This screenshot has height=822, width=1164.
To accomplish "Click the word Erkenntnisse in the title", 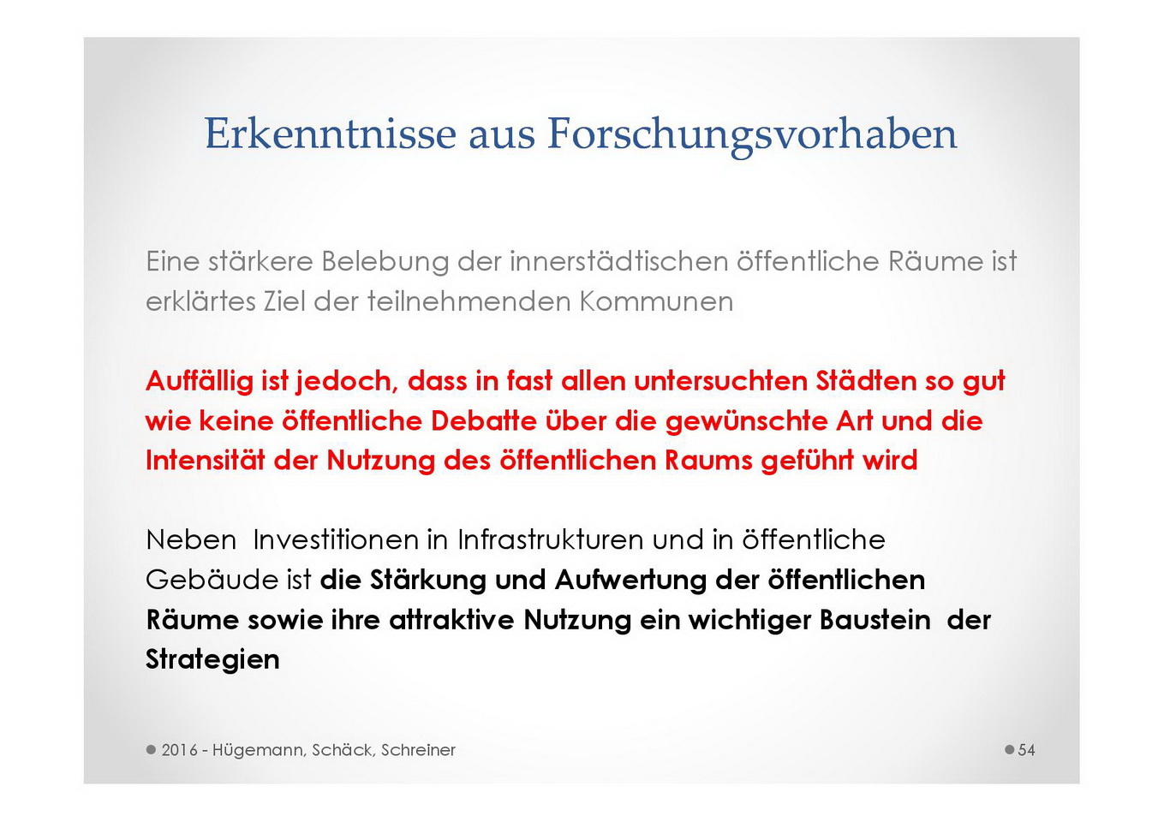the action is click(331, 134).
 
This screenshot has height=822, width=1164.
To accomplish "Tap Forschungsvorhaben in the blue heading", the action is click(752, 136).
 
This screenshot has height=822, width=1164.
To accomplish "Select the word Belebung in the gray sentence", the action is click(385, 261).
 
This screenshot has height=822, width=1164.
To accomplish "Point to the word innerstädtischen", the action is click(618, 261).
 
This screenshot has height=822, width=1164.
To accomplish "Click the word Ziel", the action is click(284, 301).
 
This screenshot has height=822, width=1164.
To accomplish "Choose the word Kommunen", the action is click(656, 301).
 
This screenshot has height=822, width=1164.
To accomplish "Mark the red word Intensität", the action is click(206, 461).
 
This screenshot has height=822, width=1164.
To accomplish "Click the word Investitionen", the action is click(336, 539).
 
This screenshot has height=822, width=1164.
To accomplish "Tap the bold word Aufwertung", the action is click(630, 581).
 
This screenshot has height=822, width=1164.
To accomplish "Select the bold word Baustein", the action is click(874, 620).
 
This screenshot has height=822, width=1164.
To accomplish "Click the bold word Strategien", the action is click(212, 661).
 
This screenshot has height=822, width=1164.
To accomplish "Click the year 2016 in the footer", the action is click(180, 750).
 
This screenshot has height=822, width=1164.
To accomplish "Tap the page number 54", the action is click(1026, 750).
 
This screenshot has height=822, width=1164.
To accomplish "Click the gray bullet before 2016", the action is click(152, 750).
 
